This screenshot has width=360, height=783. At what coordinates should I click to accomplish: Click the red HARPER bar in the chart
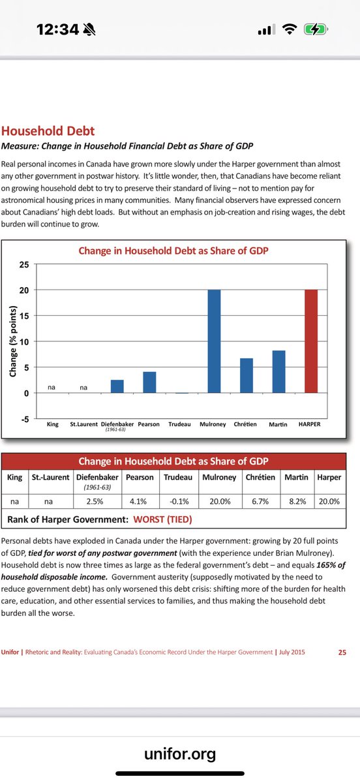point(311,341)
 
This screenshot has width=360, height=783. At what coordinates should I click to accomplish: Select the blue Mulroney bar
point(215,341)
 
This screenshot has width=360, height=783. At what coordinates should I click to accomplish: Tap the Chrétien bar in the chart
point(247,375)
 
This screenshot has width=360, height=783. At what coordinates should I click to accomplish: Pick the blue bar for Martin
point(278,371)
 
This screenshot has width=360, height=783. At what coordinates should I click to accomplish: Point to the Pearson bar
point(149,382)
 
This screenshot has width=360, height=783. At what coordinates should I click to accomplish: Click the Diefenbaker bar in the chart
point(117,386)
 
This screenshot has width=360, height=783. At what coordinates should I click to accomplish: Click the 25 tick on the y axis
point(23,265)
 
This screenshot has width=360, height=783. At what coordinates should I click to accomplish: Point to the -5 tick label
point(25,419)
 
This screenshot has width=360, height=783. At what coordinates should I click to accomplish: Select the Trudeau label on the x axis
point(179,424)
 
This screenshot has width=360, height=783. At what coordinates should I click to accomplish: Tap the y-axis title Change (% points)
point(13,341)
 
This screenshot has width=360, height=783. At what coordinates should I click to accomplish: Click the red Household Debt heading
point(48,130)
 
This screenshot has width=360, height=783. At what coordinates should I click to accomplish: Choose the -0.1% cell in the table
point(179,501)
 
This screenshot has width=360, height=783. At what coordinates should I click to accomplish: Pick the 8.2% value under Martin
point(297,501)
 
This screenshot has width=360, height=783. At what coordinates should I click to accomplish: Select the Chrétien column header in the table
point(260,477)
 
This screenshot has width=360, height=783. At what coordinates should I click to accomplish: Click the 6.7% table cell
point(260,501)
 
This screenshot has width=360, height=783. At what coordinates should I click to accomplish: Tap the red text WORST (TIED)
point(162,519)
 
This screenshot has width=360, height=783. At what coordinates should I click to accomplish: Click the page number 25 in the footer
point(342,652)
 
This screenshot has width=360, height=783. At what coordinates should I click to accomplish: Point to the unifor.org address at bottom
point(180,754)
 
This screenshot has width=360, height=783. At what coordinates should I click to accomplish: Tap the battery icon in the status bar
point(316,29)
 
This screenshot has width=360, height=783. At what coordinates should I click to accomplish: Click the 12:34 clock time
point(57,29)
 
